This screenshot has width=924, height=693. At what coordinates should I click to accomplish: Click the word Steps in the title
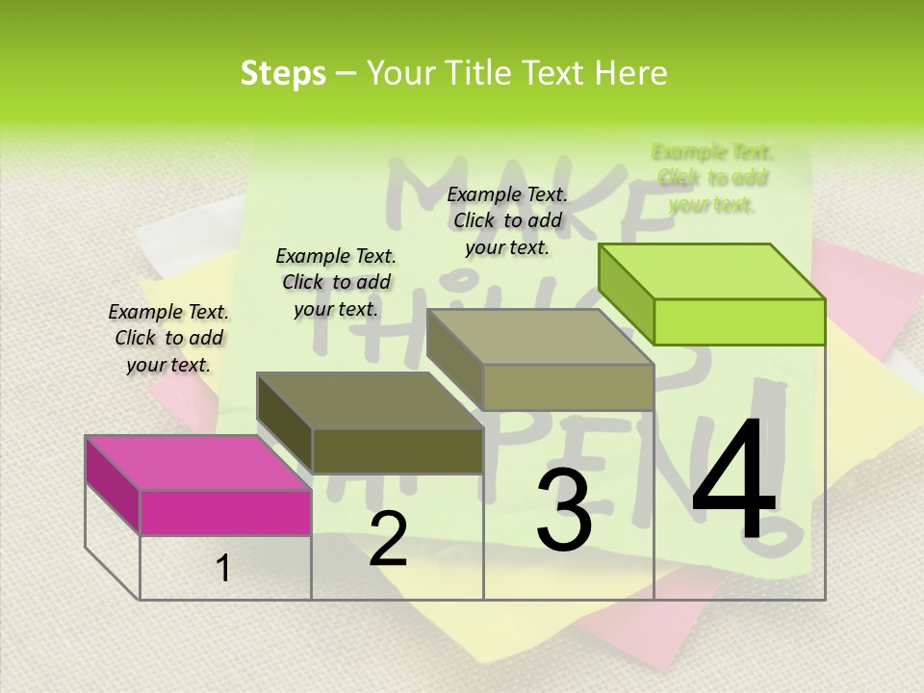pyautogui.click(x=283, y=73)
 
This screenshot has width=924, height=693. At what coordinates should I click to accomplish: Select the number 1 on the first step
pyautogui.click(x=223, y=569)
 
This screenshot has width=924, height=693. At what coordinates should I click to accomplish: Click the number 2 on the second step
pyautogui.click(x=388, y=539)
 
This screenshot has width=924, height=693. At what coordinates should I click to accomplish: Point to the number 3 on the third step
pyautogui.click(x=563, y=509)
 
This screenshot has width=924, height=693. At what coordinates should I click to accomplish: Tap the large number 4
pyautogui.click(x=733, y=481)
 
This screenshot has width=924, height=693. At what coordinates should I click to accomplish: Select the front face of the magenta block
pyautogui.click(x=225, y=512)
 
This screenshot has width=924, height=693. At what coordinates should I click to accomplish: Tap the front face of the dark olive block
pyautogui.click(x=398, y=450)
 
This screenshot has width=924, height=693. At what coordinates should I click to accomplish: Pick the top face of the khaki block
pyautogui.click(x=540, y=337)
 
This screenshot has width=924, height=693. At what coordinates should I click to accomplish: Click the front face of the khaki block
pyautogui.click(x=568, y=387)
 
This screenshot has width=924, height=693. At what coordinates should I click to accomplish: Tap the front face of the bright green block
pyautogui.click(x=739, y=321)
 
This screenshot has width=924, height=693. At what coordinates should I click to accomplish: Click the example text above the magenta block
pyautogui.click(x=168, y=338)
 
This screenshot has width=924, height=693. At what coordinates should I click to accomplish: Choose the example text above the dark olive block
pyautogui.click(x=336, y=282)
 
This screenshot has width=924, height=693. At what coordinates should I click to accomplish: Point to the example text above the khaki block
pyautogui.click(x=507, y=220)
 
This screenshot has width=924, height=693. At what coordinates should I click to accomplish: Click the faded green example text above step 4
pyautogui.click(x=712, y=177)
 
